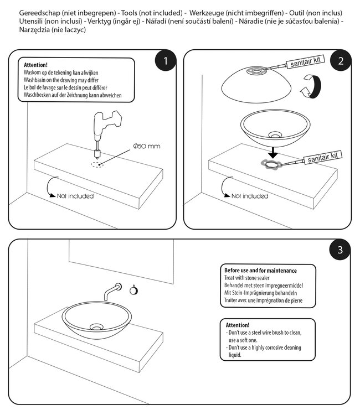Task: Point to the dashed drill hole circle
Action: (x=97, y=165)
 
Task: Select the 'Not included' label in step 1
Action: (x=75, y=196)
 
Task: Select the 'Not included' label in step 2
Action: (x=250, y=196)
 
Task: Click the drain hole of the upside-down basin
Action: (x=258, y=70)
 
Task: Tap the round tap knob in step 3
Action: (x=133, y=288)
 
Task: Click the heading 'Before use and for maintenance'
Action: (x=260, y=271)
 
